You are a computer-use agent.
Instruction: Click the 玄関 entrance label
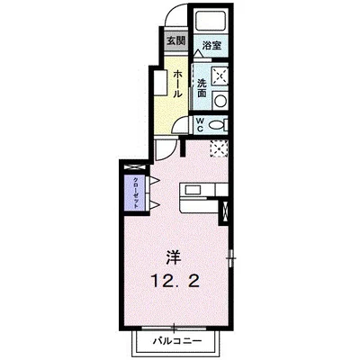[175, 40]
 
